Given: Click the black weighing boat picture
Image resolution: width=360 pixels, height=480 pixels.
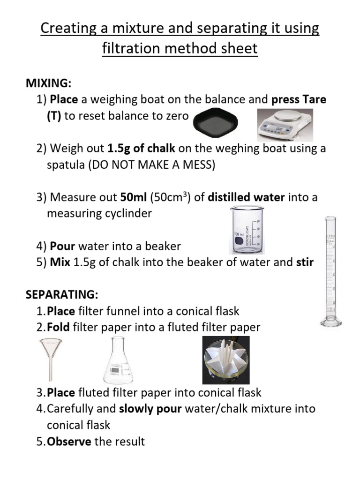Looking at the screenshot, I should coord(215,124).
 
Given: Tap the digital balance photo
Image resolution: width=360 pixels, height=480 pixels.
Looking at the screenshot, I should coord(285,125).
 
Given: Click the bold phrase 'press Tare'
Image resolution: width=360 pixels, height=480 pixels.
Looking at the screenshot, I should coord(299,99).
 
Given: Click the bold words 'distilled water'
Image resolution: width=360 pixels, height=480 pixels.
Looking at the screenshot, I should coord(246,197).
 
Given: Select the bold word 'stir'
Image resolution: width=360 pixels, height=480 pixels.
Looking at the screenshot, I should coord(305,262).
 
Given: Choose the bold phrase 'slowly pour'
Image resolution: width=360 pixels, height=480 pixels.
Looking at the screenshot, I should coord(150,408).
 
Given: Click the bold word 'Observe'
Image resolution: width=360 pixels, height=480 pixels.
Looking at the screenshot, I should coord(69,441).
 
